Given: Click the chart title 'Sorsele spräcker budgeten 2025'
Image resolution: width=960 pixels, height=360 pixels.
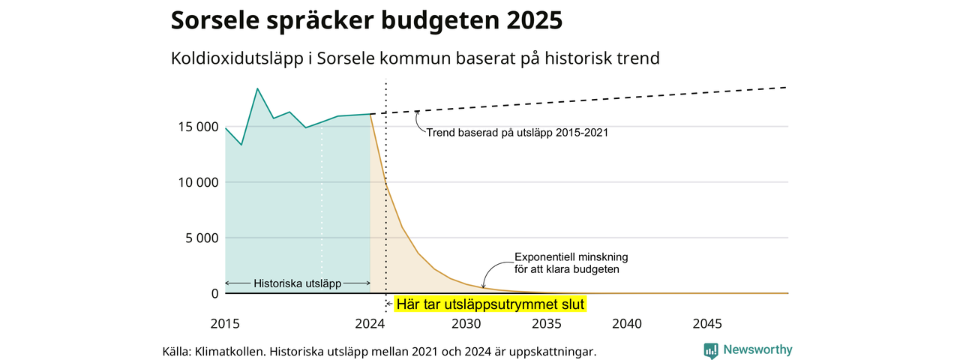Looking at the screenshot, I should (x=366, y=20).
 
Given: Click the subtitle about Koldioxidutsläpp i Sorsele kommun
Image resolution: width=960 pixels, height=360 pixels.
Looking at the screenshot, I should (x=415, y=58).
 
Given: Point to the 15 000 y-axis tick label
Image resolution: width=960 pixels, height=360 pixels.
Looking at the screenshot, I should (x=193, y=127).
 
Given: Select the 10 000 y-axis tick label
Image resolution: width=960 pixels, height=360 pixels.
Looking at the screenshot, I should (x=193, y=182).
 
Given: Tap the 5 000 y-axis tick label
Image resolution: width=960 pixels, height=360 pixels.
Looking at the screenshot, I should (x=197, y=238).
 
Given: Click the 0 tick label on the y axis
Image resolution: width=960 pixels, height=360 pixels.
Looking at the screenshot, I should (x=214, y=293).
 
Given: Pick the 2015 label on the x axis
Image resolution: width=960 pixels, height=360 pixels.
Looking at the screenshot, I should (x=225, y=324).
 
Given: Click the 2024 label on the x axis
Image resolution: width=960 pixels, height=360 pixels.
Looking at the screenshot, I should (x=370, y=324).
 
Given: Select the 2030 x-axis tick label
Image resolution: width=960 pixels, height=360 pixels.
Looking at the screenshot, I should (x=466, y=324).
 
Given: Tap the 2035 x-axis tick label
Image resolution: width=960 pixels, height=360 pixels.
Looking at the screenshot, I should (x=547, y=324).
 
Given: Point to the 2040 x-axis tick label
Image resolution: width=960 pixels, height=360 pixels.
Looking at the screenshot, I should (x=627, y=324).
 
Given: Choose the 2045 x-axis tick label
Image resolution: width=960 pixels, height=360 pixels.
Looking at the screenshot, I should (x=707, y=324).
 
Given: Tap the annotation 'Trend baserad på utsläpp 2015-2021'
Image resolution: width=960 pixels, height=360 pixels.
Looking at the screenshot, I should (x=517, y=133).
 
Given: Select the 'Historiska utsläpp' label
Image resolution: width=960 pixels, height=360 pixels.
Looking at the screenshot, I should (x=298, y=283).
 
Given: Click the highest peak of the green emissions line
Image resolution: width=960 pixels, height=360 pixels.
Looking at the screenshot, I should (x=257, y=88).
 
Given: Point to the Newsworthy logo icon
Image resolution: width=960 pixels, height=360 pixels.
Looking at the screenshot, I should (x=711, y=350).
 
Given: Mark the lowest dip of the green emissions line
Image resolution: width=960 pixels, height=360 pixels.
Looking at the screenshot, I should (x=241, y=145).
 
